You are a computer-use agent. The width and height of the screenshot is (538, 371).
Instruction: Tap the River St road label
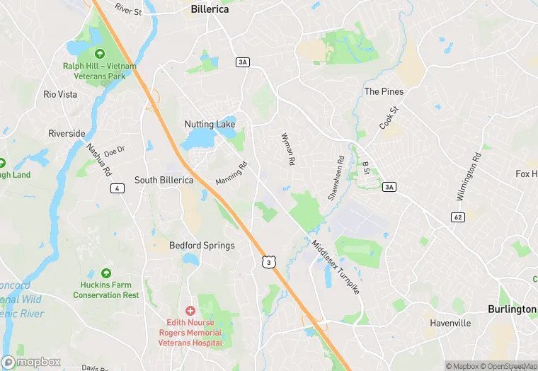(x=127, y=10)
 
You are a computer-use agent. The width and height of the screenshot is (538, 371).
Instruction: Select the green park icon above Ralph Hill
(x=99, y=54)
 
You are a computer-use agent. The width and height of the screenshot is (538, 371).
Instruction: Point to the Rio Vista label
(x=59, y=94)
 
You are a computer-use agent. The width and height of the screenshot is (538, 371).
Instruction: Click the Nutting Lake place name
(x=210, y=125)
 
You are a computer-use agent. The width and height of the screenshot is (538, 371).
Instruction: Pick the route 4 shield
(x=117, y=188)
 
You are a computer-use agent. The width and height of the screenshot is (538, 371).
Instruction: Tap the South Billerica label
(x=164, y=180)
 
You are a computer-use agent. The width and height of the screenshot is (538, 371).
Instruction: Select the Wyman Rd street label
(x=287, y=149)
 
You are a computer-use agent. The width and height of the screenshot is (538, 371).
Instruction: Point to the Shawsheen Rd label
(x=336, y=178)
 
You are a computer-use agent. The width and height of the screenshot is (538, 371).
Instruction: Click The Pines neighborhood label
(x=384, y=92)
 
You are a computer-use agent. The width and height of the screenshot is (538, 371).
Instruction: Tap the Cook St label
(x=390, y=118)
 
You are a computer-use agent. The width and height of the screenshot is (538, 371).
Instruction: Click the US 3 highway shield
(x=268, y=263)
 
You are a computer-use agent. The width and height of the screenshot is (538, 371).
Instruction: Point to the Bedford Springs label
(x=202, y=246)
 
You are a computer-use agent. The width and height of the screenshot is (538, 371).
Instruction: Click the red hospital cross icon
(x=190, y=311)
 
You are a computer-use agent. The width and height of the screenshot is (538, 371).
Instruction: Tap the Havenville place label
(x=450, y=323)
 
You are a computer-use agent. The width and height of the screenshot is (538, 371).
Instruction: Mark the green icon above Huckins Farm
(x=106, y=273)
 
